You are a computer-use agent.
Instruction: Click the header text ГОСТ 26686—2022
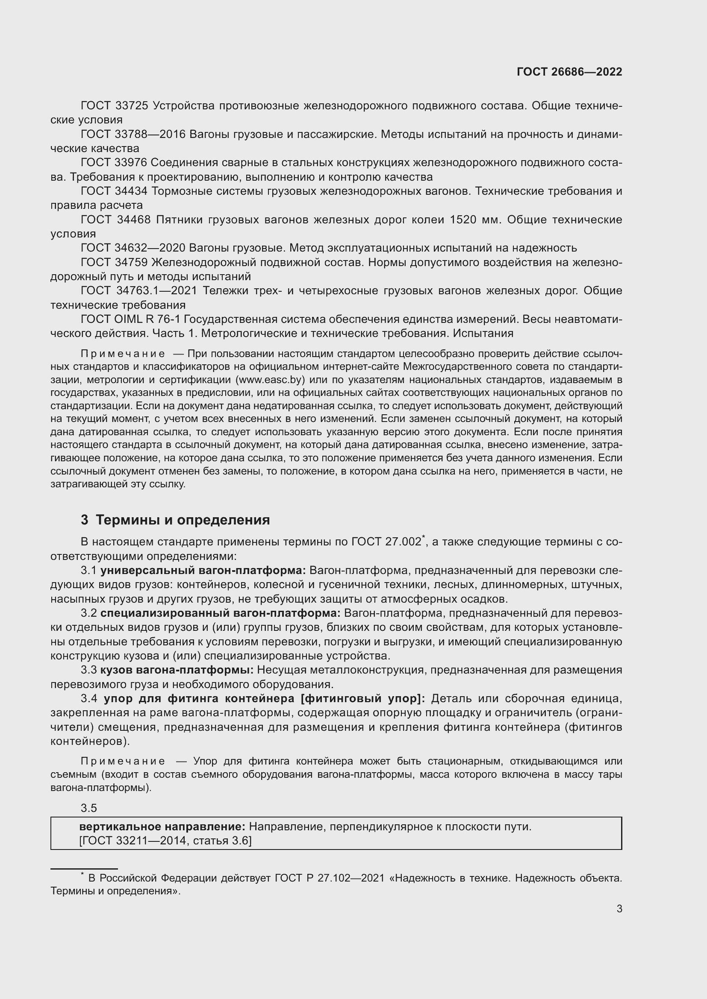(569, 72)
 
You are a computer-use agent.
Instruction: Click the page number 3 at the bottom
(619, 908)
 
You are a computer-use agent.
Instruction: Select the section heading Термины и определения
(183, 519)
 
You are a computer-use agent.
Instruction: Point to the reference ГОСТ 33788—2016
(133, 135)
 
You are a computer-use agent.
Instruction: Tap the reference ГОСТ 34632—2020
(133, 248)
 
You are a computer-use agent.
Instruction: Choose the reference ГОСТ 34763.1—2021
(139, 291)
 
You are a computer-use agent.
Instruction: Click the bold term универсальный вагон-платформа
(203, 571)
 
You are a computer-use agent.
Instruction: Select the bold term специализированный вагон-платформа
(220, 613)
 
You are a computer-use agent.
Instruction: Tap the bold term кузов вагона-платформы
(180, 670)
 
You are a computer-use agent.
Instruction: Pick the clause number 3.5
(89, 808)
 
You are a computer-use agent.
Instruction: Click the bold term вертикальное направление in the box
(162, 827)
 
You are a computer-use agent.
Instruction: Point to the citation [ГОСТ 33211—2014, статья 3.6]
(165, 841)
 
